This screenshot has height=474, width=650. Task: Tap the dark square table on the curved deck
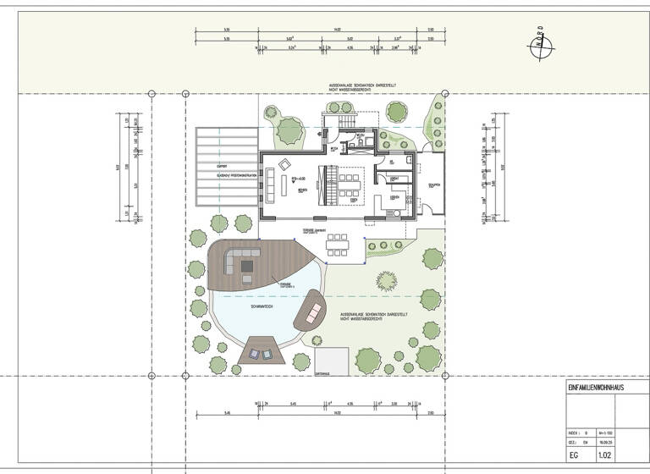(x=247, y=265)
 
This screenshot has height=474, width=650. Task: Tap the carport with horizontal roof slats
(x=226, y=167)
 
